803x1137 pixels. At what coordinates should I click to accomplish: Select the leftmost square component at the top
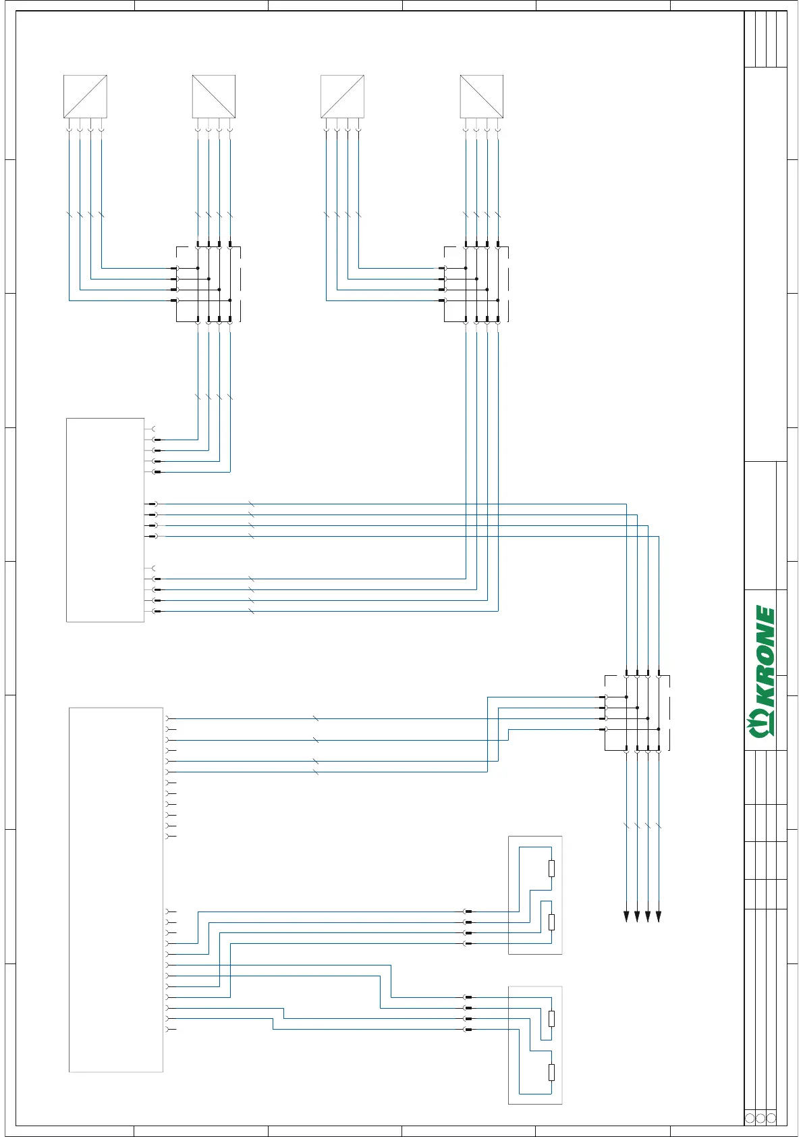click(x=85, y=97)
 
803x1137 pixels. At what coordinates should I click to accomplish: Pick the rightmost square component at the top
click(x=481, y=97)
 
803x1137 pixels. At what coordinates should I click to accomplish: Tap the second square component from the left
click(x=214, y=97)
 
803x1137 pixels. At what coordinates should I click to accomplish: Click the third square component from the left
click(x=342, y=97)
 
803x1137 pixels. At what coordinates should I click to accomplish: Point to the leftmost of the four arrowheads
click(x=626, y=916)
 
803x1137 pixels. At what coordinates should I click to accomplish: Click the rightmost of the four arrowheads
click(x=659, y=916)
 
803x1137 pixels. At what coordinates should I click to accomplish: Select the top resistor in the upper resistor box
click(x=551, y=868)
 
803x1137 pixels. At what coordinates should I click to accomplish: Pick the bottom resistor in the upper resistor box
click(x=551, y=922)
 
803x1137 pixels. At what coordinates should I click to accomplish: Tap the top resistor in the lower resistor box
click(x=551, y=1019)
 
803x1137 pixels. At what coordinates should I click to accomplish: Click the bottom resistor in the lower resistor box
click(x=551, y=1072)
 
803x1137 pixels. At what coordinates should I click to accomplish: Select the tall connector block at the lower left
click(x=116, y=889)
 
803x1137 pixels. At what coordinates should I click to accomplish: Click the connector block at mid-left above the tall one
click(x=105, y=520)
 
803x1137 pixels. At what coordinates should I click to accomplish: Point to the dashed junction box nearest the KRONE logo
click(x=637, y=713)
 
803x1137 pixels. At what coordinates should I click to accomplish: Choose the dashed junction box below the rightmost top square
click(x=476, y=284)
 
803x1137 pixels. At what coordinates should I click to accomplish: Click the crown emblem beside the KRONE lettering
click(x=763, y=726)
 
